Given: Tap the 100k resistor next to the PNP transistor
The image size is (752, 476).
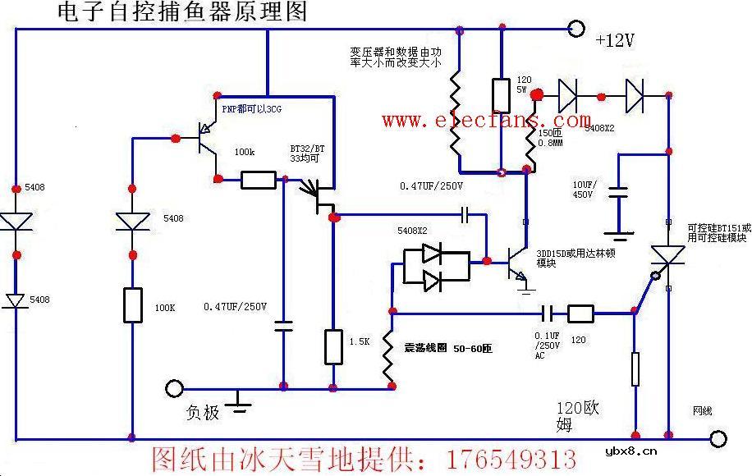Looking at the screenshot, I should tap(258, 180).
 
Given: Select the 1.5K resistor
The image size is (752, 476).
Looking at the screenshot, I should tap(332, 346).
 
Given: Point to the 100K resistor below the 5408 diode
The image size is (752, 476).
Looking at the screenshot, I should tap(131, 304).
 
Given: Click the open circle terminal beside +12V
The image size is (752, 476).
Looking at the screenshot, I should tap(577, 30).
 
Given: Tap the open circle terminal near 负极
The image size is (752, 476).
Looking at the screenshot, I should tap(173, 387).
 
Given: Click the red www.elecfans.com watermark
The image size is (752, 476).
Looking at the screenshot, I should tap(486, 121).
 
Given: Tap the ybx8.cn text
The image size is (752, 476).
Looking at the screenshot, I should tap(630, 451).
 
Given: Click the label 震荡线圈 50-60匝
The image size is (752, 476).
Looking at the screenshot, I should tap(447, 348).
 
